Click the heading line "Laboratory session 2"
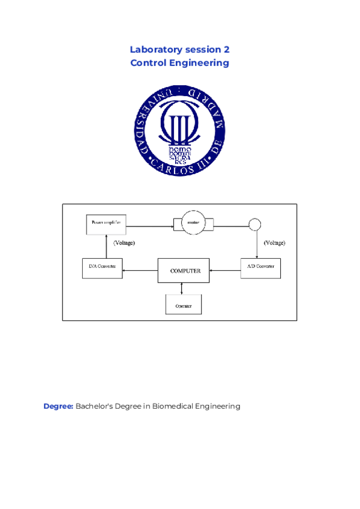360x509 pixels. [180, 49]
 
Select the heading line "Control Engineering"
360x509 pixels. [180, 62]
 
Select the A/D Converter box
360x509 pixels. [260, 267]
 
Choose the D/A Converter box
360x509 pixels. [103, 267]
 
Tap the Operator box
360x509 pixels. [183, 305]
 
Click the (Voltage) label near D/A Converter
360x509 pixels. [124, 244]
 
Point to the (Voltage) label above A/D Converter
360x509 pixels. [274, 244]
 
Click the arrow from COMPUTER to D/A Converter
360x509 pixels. [140, 271]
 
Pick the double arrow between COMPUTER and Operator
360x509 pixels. [182, 289]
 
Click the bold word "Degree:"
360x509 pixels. [58, 406]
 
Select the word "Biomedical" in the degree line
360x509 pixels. [176, 406]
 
